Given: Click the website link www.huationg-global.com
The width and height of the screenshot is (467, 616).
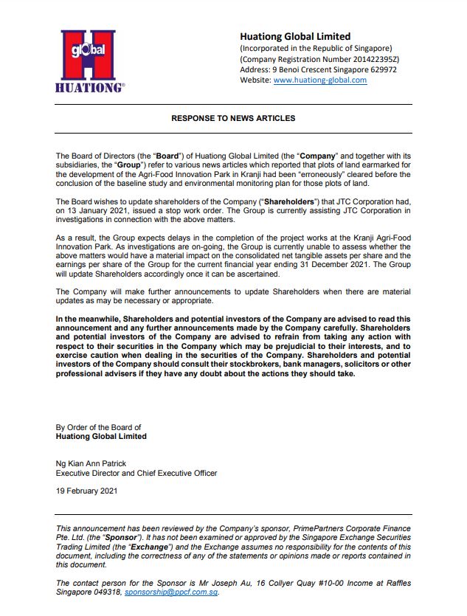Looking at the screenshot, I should pos(319,80).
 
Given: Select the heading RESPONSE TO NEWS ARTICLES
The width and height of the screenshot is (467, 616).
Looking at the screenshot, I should pos(233,118).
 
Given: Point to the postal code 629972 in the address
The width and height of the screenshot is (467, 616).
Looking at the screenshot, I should pos(381,69).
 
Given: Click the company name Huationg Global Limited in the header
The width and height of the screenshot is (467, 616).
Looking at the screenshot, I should pos(295,36).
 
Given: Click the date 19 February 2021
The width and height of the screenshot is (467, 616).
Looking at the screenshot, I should pos(87,491).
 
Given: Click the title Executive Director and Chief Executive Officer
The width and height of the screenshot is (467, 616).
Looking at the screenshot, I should pos(136,473).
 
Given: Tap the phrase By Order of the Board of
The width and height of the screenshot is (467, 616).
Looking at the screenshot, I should pos(98,427).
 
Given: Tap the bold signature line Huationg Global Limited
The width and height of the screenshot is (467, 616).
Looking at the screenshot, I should pos(101,436).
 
